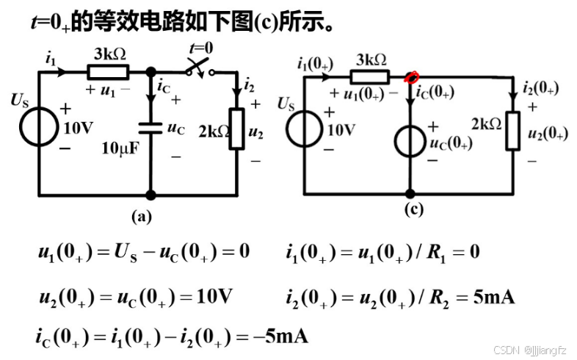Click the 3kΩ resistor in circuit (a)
pyautogui.click(x=108, y=72)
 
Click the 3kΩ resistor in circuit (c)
pyautogui.click(x=369, y=77)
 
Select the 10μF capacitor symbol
pyautogui.click(x=150, y=126)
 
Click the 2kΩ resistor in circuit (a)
pyautogui.click(x=236, y=129)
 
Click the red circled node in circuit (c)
pyautogui.click(x=411, y=76)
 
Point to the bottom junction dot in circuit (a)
pyautogui.click(x=150, y=195)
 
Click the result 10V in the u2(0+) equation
pyautogui.click(x=214, y=297)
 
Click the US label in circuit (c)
pyautogui.click(x=287, y=104)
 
